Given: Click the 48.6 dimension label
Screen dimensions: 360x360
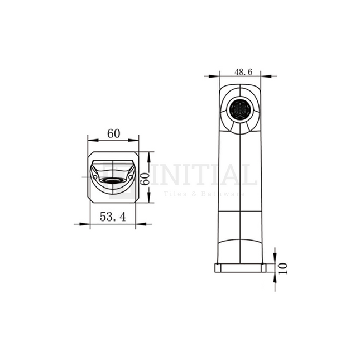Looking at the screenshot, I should pos(243,72).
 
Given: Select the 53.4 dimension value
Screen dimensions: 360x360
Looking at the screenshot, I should pos(113,217).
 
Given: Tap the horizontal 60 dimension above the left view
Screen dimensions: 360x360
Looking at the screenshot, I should pos(113,134).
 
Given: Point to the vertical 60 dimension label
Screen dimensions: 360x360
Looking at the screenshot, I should pos(144,178).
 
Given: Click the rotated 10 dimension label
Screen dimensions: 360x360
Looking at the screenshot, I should pos(282,267).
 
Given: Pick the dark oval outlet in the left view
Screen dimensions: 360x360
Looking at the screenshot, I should pos(113,181).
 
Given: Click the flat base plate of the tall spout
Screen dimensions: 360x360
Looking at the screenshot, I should pos(240,267).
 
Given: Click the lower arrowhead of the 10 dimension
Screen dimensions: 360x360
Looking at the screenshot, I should pos(275,276).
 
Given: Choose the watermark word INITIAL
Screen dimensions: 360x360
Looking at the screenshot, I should pos(204,175).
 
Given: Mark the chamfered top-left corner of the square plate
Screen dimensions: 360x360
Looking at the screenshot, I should pos(90,155).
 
